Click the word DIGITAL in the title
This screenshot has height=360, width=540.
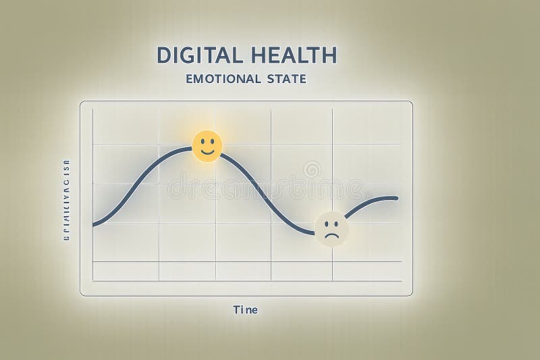tap(195, 54)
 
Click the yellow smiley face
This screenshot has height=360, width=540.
tap(207, 146)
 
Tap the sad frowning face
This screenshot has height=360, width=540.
tap(331, 228)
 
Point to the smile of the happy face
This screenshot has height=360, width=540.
tap(207, 152)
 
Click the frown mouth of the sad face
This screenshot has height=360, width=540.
tap(331, 234)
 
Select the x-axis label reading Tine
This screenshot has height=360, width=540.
tap(245, 310)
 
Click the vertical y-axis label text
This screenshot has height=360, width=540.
tap(66, 201)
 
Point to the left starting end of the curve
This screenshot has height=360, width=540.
tap(94, 224)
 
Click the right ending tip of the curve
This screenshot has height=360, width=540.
tap(396, 198)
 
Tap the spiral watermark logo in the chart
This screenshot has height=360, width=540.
tap(312, 170)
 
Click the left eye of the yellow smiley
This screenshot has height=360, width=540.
tap(202, 142)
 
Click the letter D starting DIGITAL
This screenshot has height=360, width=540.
tap(162, 54)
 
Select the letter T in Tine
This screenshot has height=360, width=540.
tap(236, 310)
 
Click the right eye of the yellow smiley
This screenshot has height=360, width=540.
tap(212, 142)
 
